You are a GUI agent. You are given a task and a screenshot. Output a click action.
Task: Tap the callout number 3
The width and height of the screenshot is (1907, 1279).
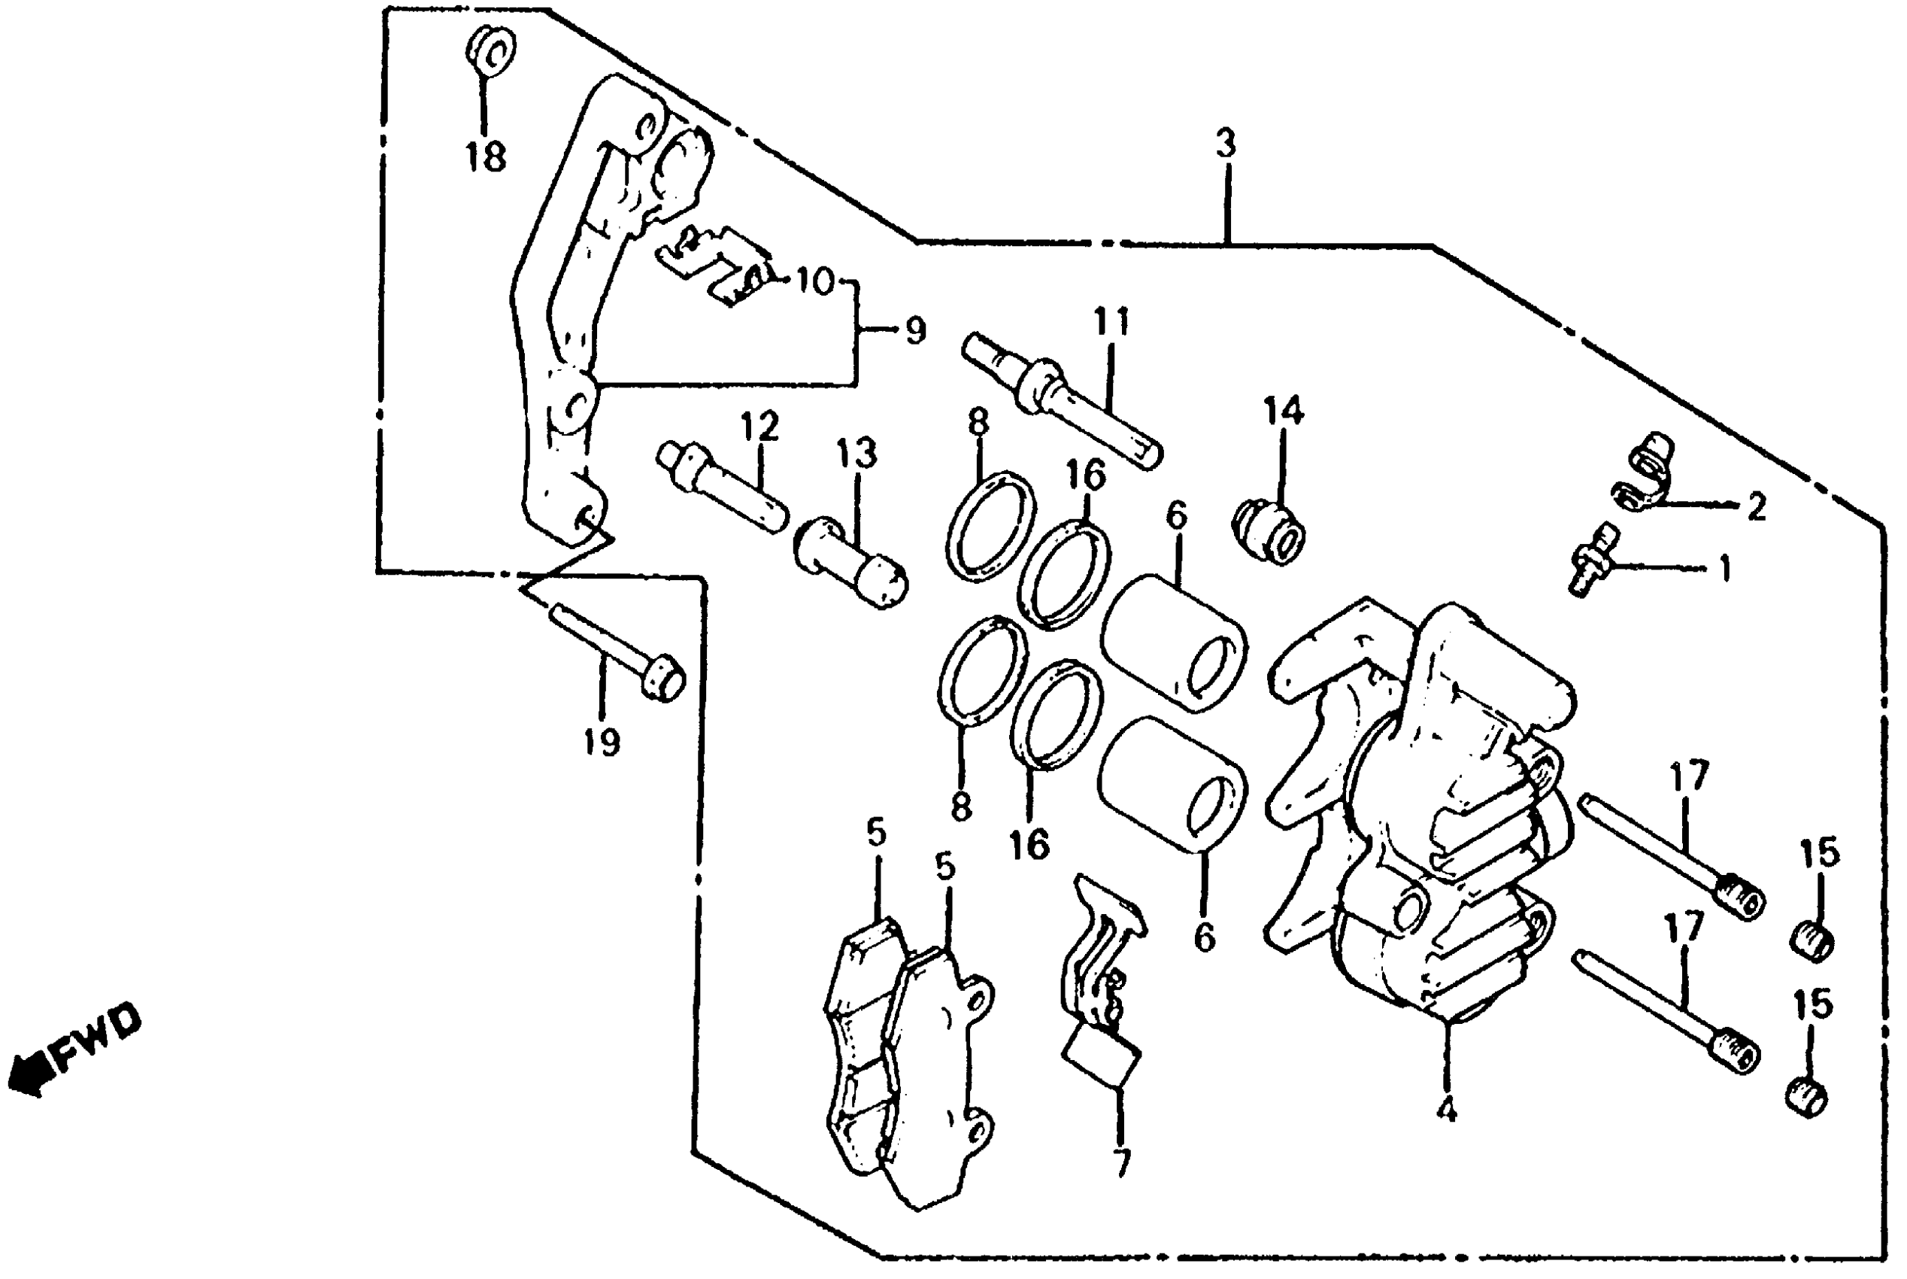(1226, 144)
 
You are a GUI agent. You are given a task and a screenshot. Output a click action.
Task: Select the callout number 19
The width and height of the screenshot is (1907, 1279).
(601, 743)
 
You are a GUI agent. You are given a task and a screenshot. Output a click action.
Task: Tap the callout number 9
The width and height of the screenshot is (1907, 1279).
(914, 331)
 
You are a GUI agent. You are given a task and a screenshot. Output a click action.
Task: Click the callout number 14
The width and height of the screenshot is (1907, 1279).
(1284, 411)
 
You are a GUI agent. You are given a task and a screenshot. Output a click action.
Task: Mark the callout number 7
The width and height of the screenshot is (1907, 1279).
(1122, 1163)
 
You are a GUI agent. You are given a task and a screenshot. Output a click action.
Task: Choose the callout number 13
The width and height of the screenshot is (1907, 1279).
(856, 454)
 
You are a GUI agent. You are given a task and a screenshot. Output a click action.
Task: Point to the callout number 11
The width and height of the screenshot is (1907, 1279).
(1112, 321)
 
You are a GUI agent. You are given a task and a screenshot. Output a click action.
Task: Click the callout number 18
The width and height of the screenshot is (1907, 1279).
(486, 155)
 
